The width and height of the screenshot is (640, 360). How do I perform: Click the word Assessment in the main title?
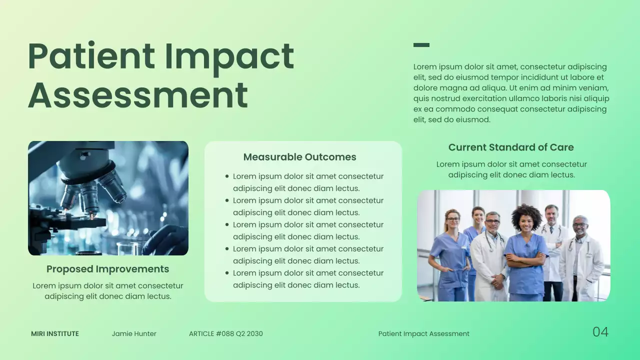point(137,94)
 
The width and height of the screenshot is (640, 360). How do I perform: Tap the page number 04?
point(600,332)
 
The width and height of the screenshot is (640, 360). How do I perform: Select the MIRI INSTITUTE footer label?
point(55,333)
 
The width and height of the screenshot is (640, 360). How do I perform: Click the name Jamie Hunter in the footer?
point(134,333)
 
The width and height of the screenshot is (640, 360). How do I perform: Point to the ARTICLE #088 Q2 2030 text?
point(225,333)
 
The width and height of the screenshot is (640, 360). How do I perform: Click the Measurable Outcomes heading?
point(299,157)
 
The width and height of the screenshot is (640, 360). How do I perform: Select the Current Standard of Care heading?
point(510,147)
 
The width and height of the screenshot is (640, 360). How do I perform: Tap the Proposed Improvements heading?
point(107,269)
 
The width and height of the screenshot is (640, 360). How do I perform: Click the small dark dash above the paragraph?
point(421,45)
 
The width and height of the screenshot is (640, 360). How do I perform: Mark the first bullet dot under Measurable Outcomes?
point(227,176)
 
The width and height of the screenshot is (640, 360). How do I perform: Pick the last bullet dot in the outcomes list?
point(227,273)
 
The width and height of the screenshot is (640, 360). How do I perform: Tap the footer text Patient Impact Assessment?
point(423,333)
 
